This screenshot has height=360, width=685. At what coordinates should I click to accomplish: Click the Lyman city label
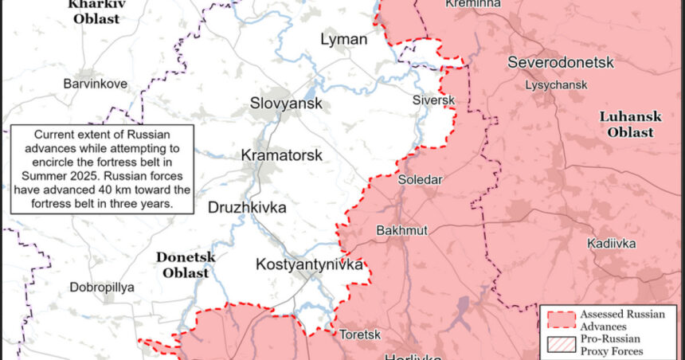coord(343,39)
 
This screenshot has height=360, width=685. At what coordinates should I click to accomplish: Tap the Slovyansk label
coord(286,104)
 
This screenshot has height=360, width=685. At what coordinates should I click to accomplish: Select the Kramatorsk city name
coord(282,155)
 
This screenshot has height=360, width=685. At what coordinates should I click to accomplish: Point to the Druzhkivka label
coord(247,208)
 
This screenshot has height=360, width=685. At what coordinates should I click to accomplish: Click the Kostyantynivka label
coord(309,264)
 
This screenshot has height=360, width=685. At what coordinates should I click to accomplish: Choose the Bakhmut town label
coord(401,230)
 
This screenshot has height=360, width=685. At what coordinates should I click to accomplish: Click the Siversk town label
coord(433,100)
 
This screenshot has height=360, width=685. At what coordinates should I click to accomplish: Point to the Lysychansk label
coord(556,84)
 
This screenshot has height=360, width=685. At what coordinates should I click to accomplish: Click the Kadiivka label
coord(611,243)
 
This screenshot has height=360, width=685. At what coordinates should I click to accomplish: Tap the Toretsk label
coord(360,335)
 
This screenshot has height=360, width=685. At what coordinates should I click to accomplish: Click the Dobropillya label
coord(101,288)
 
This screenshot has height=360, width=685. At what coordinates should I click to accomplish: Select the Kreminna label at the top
coord(473,4)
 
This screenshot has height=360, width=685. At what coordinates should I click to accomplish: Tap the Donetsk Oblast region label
coord(182,264)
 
